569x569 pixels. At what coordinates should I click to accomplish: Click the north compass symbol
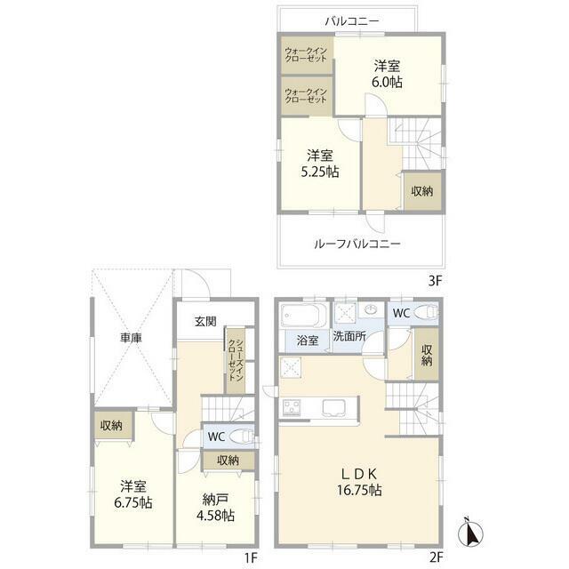pos(470,533)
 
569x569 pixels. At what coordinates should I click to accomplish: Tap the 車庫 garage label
pos(131,338)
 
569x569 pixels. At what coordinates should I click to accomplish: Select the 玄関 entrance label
pos(205,321)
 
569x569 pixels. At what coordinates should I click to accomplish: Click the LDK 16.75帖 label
pos(359,482)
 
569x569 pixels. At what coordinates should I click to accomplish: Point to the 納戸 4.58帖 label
pos(215,508)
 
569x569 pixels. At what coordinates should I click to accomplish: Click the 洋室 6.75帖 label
pos(133,494)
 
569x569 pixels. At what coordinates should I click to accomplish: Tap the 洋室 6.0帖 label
pos(387,74)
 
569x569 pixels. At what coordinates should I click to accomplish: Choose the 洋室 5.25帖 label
pos(320,164)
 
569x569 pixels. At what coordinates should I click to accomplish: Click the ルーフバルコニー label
pos(357,244)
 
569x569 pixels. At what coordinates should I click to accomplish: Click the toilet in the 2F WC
pos(425,312)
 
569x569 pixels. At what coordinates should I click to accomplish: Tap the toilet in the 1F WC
pos(242,436)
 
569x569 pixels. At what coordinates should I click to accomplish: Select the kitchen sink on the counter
pos(335,407)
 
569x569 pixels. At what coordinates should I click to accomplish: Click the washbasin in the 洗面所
pos(371,310)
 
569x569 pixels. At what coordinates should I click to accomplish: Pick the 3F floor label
pos(435,281)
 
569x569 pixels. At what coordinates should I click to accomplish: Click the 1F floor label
pos(251,557)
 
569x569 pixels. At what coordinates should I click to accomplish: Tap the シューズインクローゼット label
pos(236,360)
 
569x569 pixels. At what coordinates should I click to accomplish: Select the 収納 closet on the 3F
pos(422,191)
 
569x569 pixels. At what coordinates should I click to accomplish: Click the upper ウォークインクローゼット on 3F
pos(307,54)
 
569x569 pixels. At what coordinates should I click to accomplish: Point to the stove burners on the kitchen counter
pos(292,407)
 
